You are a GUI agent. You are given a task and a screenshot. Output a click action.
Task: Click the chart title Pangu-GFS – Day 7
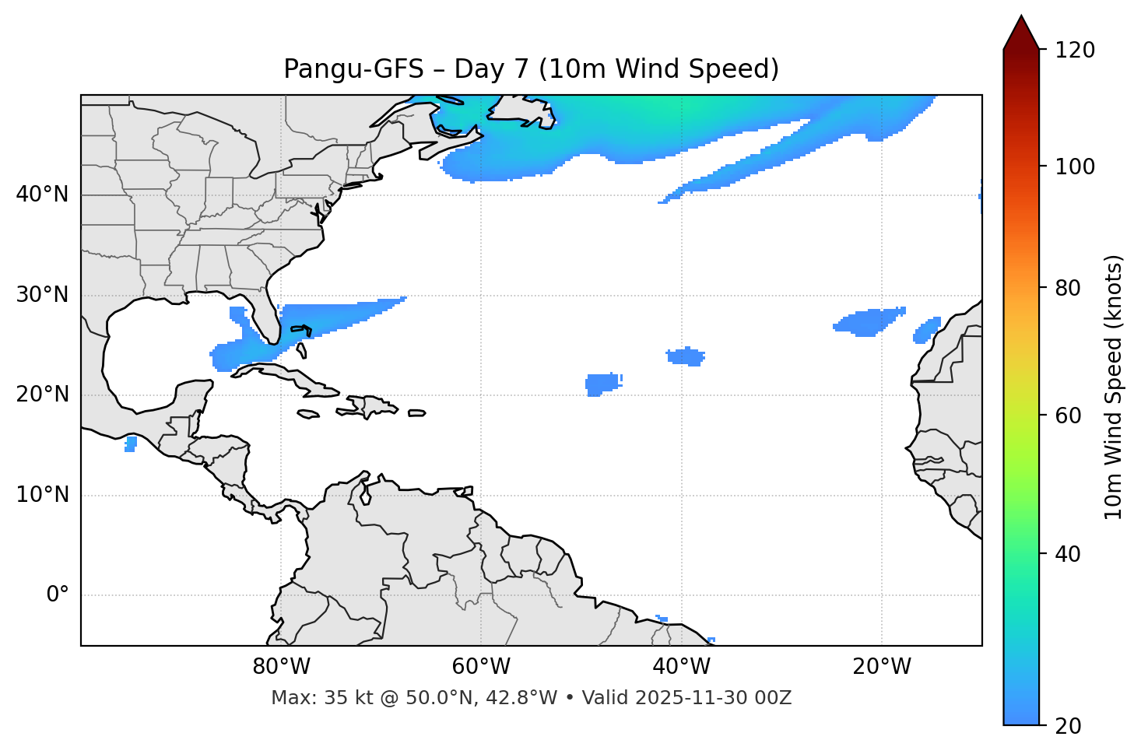(x=531, y=69)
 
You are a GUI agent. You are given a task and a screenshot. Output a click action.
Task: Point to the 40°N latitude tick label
(x=42, y=195)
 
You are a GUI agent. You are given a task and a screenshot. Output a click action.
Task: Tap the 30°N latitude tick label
(x=42, y=295)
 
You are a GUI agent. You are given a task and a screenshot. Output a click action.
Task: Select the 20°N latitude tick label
(x=42, y=395)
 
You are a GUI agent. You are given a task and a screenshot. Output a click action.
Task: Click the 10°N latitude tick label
(x=42, y=495)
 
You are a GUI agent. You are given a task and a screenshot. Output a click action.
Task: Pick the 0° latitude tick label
(x=58, y=595)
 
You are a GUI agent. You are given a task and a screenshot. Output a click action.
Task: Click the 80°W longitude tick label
(x=281, y=667)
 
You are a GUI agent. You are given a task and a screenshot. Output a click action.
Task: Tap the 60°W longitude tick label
(x=481, y=667)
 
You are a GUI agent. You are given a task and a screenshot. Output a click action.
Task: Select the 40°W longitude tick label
(x=681, y=667)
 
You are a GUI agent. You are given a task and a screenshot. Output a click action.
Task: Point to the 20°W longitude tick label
(x=881, y=667)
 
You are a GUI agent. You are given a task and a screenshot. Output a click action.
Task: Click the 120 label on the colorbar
(x=1075, y=51)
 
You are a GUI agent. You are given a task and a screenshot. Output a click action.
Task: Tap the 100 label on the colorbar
(x=1075, y=167)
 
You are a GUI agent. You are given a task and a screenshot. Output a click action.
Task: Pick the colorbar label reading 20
(x=1068, y=726)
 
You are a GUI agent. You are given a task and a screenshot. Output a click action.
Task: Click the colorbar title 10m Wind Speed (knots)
(x=1114, y=387)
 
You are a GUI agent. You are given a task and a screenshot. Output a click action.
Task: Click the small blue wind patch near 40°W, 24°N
(x=686, y=357)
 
